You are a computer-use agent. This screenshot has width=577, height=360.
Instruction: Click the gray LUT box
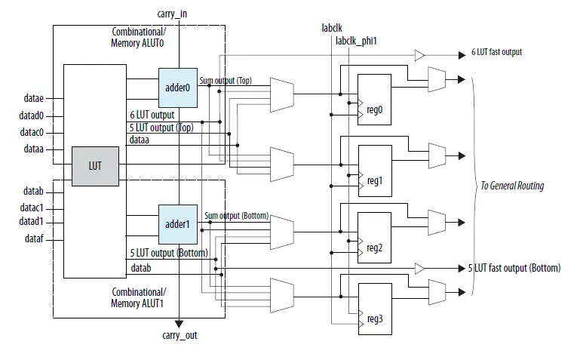(94, 166)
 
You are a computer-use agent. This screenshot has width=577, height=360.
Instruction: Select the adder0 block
(178, 87)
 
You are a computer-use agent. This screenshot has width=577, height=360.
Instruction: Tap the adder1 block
(178, 224)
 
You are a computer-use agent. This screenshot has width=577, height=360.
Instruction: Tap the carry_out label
(180, 335)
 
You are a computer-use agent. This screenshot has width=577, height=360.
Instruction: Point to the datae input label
(33, 97)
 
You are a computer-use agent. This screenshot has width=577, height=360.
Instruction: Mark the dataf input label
(33, 239)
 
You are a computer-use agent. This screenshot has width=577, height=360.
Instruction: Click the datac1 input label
(31, 207)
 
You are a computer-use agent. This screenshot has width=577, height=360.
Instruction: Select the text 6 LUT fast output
(496, 53)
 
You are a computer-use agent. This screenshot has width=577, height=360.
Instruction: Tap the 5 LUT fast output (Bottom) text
(514, 268)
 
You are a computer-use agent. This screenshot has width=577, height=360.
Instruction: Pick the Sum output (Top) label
(226, 79)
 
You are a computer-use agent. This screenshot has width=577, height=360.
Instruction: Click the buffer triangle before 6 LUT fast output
(419, 55)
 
